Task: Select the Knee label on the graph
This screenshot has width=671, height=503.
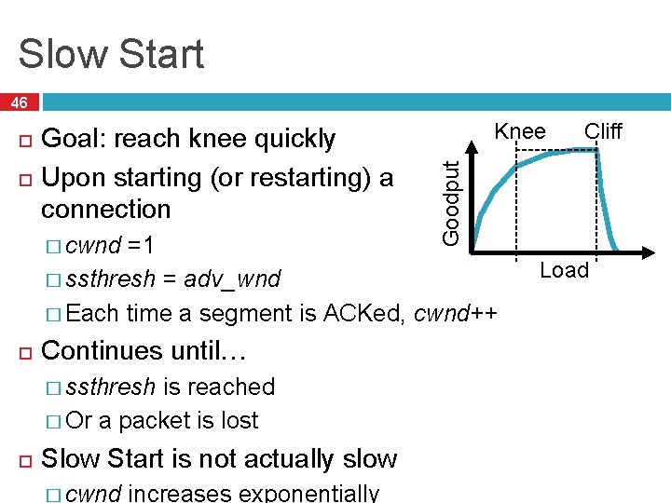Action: click(520, 131)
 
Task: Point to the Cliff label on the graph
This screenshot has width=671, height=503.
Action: click(603, 131)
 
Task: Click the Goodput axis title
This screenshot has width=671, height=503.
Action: click(451, 202)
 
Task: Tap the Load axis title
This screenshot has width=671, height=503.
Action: click(566, 270)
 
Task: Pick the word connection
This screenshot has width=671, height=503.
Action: click(106, 209)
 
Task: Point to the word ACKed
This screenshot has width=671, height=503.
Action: click(364, 313)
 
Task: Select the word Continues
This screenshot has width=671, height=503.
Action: click(103, 351)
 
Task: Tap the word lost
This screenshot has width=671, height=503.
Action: click(237, 420)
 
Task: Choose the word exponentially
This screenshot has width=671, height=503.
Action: click(309, 493)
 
